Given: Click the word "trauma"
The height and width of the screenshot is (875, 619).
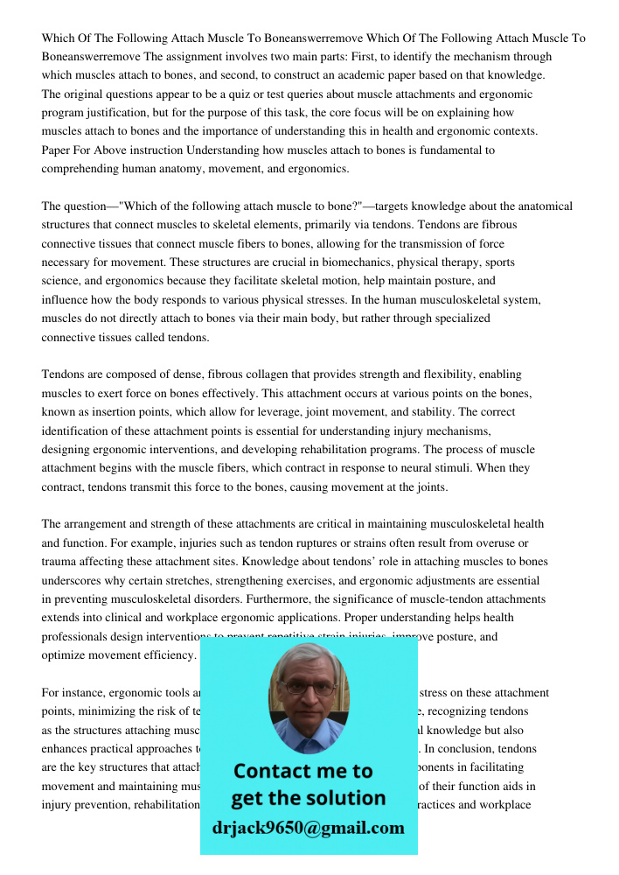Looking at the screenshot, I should pyautogui.click(x=59, y=562).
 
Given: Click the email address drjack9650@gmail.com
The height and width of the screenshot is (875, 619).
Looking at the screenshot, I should pyautogui.click(x=309, y=828).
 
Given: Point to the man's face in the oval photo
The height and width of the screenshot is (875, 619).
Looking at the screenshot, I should pyautogui.click(x=309, y=691).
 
